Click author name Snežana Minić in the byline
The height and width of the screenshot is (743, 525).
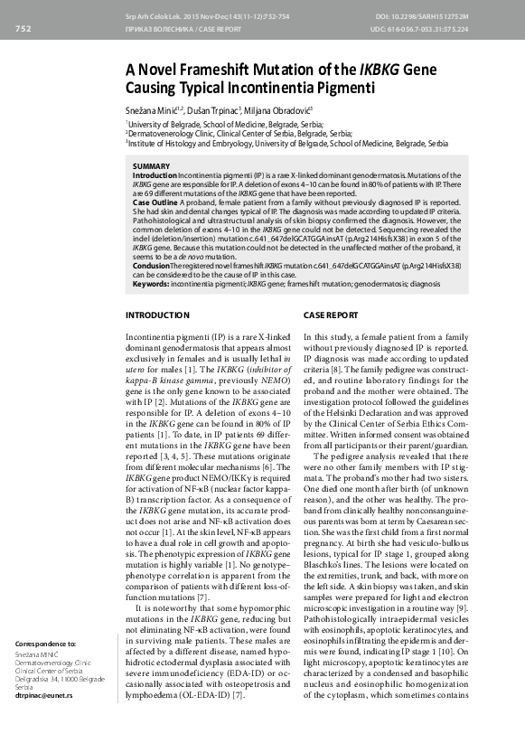tap(153, 108)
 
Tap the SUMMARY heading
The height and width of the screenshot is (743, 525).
tap(151, 166)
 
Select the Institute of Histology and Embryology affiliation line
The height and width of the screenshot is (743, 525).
tap(287, 143)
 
